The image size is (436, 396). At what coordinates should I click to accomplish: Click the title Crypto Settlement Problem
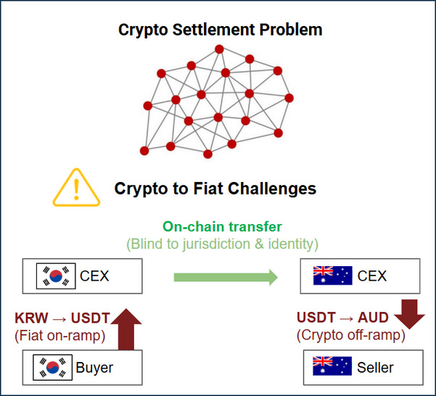[221, 30]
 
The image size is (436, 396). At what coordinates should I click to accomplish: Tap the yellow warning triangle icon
[76, 187]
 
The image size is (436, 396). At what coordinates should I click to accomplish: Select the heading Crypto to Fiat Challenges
[215, 189]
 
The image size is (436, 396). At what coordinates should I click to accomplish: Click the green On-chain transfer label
[223, 226]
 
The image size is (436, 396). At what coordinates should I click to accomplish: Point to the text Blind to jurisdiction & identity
[223, 244]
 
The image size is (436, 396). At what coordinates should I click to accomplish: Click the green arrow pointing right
[226, 276]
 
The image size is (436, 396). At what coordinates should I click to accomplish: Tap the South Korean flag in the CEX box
[56, 276]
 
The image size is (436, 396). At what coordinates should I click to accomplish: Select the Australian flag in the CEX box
[332, 276]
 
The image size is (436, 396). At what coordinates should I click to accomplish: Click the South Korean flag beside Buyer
[50, 368]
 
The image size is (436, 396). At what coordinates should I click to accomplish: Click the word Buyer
[95, 368]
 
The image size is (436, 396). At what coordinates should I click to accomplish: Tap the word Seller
[375, 367]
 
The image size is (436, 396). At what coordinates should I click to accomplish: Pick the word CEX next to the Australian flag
[372, 276]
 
